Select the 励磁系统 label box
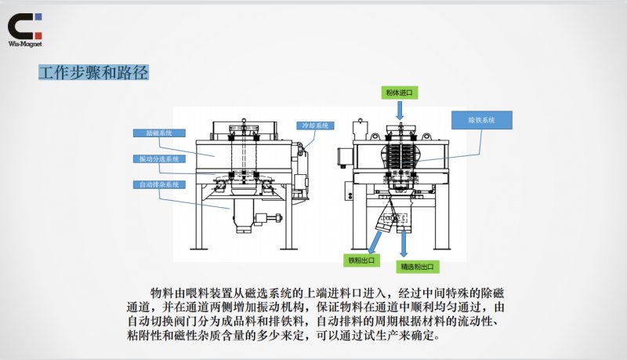[x=154, y=133]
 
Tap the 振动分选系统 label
[x=159, y=158]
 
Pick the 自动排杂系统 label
[x=159, y=184]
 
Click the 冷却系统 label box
[x=316, y=125]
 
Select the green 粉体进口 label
[x=399, y=93]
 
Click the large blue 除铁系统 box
[x=482, y=120]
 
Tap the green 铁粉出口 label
[x=361, y=260]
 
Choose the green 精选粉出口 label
[x=418, y=267]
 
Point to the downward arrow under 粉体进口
[x=400, y=109]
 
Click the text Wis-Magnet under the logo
[x=24, y=45]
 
